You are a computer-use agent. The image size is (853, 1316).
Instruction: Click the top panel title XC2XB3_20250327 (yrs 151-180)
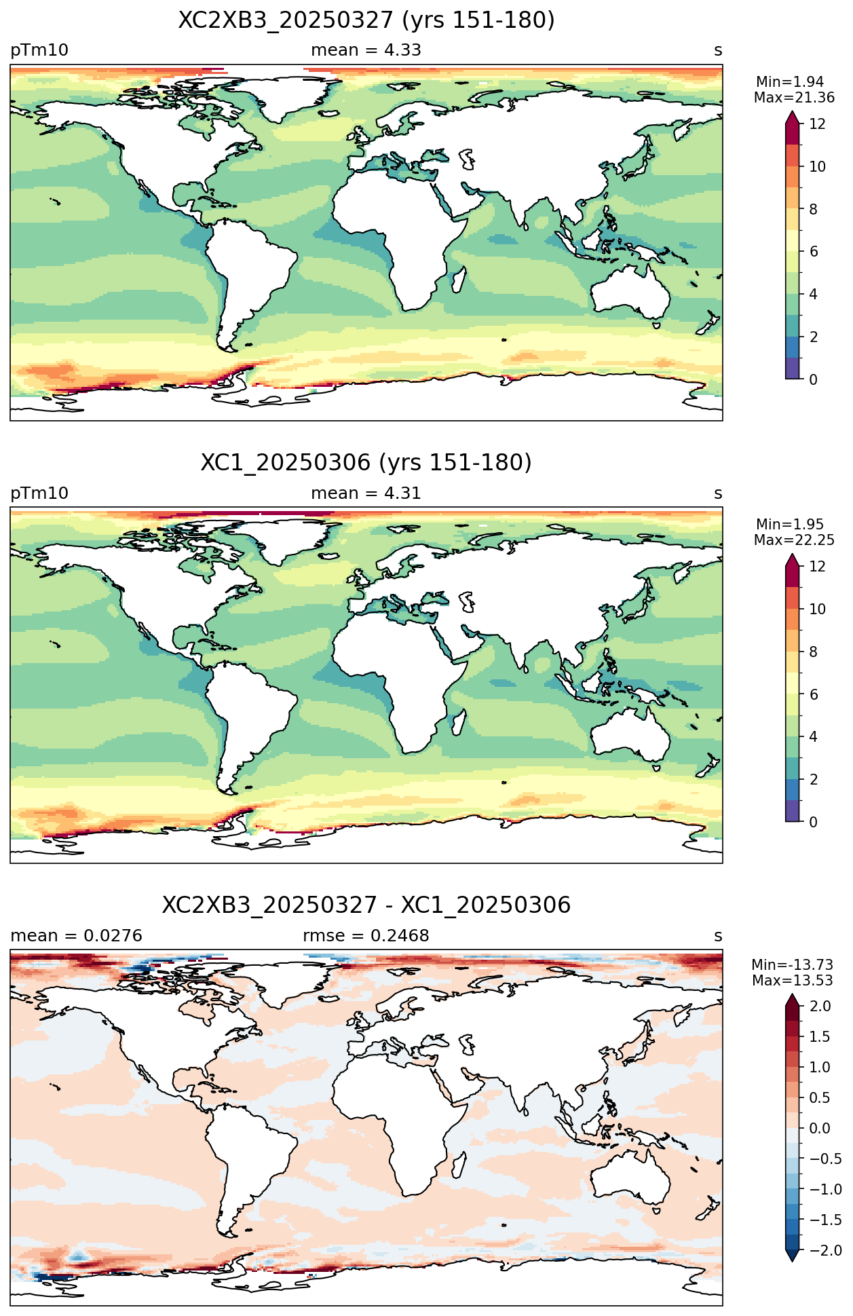click(366, 20)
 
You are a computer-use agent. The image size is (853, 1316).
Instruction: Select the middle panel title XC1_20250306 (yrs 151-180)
click(366, 463)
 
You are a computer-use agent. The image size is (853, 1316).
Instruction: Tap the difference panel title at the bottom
click(366, 905)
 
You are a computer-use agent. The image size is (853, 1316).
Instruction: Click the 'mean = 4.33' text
click(366, 50)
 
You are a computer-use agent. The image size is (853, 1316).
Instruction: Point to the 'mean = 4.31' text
click(366, 493)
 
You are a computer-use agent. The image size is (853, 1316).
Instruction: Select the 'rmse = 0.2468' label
click(366, 936)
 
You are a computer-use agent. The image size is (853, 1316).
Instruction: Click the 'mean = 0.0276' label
click(76, 936)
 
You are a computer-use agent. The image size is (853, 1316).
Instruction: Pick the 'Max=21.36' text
click(794, 98)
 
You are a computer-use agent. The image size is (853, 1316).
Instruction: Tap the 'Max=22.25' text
click(794, 540)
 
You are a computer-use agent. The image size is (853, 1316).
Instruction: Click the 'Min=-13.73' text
click(793, 965)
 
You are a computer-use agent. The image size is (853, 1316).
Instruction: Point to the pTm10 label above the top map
click(39, 51)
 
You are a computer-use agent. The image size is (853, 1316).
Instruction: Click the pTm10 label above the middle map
click(39, 493)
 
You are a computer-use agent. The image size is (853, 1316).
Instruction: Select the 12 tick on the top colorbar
click(817, 124)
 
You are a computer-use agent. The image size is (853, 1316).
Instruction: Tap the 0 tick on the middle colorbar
click(813, 822)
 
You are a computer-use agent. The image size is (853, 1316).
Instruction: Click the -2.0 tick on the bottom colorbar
click(825, 1250)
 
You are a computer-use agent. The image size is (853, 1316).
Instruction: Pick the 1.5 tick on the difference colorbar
click(820, 1036)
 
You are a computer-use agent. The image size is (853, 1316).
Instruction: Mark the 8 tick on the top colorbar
click(813, 209)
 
